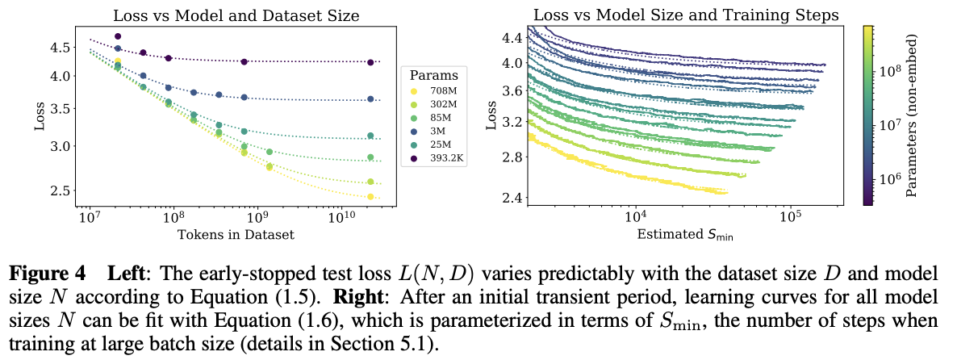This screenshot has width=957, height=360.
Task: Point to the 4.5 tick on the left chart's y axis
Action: click(61, 48)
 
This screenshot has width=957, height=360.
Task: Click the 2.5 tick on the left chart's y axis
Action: click(61, 190)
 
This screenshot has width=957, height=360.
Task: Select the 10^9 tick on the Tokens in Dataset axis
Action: click(257, 218)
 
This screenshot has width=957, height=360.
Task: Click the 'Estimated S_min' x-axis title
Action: click(684, 236)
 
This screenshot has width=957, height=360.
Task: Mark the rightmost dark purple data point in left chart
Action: click(370, 62)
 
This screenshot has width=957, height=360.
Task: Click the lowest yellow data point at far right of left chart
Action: click(370, 197)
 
